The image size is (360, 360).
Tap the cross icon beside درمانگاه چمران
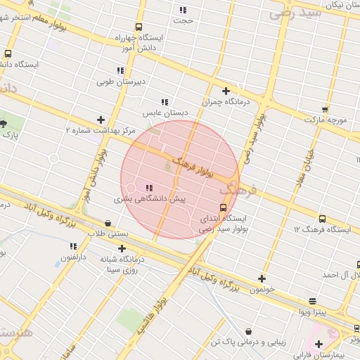tap(226, 91)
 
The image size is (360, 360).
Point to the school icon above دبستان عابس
tap(165, 102)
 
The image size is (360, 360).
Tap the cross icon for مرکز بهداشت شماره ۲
tap(101, 120)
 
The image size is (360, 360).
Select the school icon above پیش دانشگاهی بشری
tap(148, 188)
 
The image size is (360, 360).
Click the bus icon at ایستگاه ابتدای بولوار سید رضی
tap(223, 207)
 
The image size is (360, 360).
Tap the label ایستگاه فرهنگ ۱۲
tap(322, 229)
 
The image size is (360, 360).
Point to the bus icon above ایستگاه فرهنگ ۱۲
tap(322, 219)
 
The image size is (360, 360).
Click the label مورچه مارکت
tap(326, 120)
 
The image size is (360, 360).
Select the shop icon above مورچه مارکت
tap(325, 109)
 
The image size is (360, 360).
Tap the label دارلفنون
tap(73, 257)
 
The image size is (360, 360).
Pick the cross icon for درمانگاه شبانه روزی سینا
tap(122, 248)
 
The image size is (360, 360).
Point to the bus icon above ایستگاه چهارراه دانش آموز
tap(139, 27)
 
